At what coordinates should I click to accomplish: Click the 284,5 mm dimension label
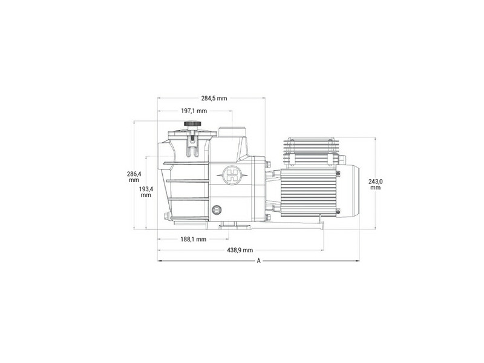[x=214, y=99]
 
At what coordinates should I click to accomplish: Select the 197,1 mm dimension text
[x=194, y=111]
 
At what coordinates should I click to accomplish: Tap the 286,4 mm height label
[x=134, y=177]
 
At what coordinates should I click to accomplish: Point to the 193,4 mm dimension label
[x=146, y=192]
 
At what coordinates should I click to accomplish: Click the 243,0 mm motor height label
[x=375, y=185]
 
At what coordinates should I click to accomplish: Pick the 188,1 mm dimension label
[x=194, y=239]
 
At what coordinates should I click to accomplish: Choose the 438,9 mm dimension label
[x=240, y=250]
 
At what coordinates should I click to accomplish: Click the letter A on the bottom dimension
[x=259, y=261]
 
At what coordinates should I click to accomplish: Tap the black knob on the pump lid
[x=192, y=124]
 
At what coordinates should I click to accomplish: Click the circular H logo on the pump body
[x=232, y=175]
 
